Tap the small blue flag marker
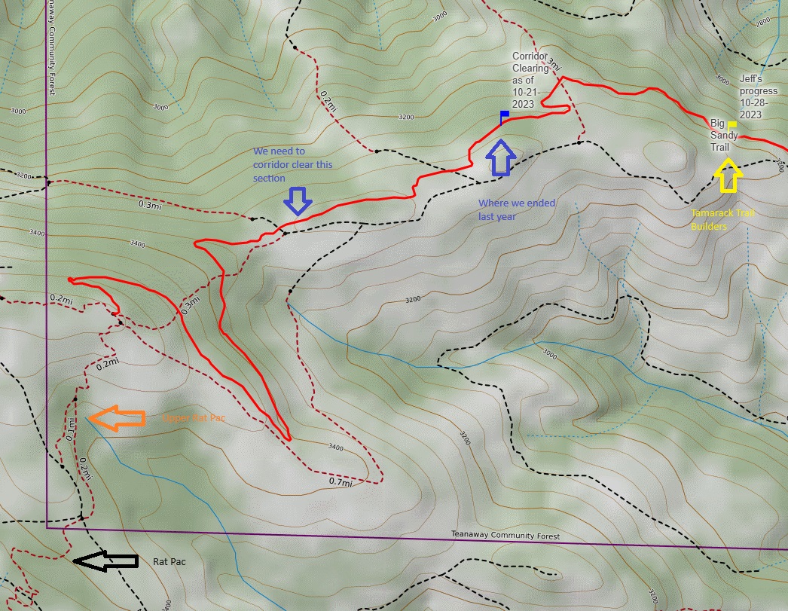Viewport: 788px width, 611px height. tap(505, 116)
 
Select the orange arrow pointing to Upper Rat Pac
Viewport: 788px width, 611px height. tap(116, 418)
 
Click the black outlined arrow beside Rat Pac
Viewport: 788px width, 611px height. tap(105, 561)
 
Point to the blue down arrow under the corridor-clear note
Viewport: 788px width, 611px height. tap(298, 201)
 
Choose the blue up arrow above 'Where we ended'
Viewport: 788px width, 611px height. tap(500, 157)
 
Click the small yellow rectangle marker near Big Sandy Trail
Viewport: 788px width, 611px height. tap(731, 124)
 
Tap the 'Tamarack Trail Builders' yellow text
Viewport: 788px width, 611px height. tap(722, 219)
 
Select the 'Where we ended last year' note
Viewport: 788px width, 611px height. tap(517, 209)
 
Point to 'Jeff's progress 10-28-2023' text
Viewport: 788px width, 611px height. tap(759, 96)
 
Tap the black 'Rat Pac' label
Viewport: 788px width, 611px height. tap(170, 561)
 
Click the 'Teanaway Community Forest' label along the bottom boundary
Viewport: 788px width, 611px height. tap(505, 535)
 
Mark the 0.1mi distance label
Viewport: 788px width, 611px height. tap(70, 429)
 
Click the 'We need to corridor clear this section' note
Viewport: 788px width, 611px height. tap(291, 164)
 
